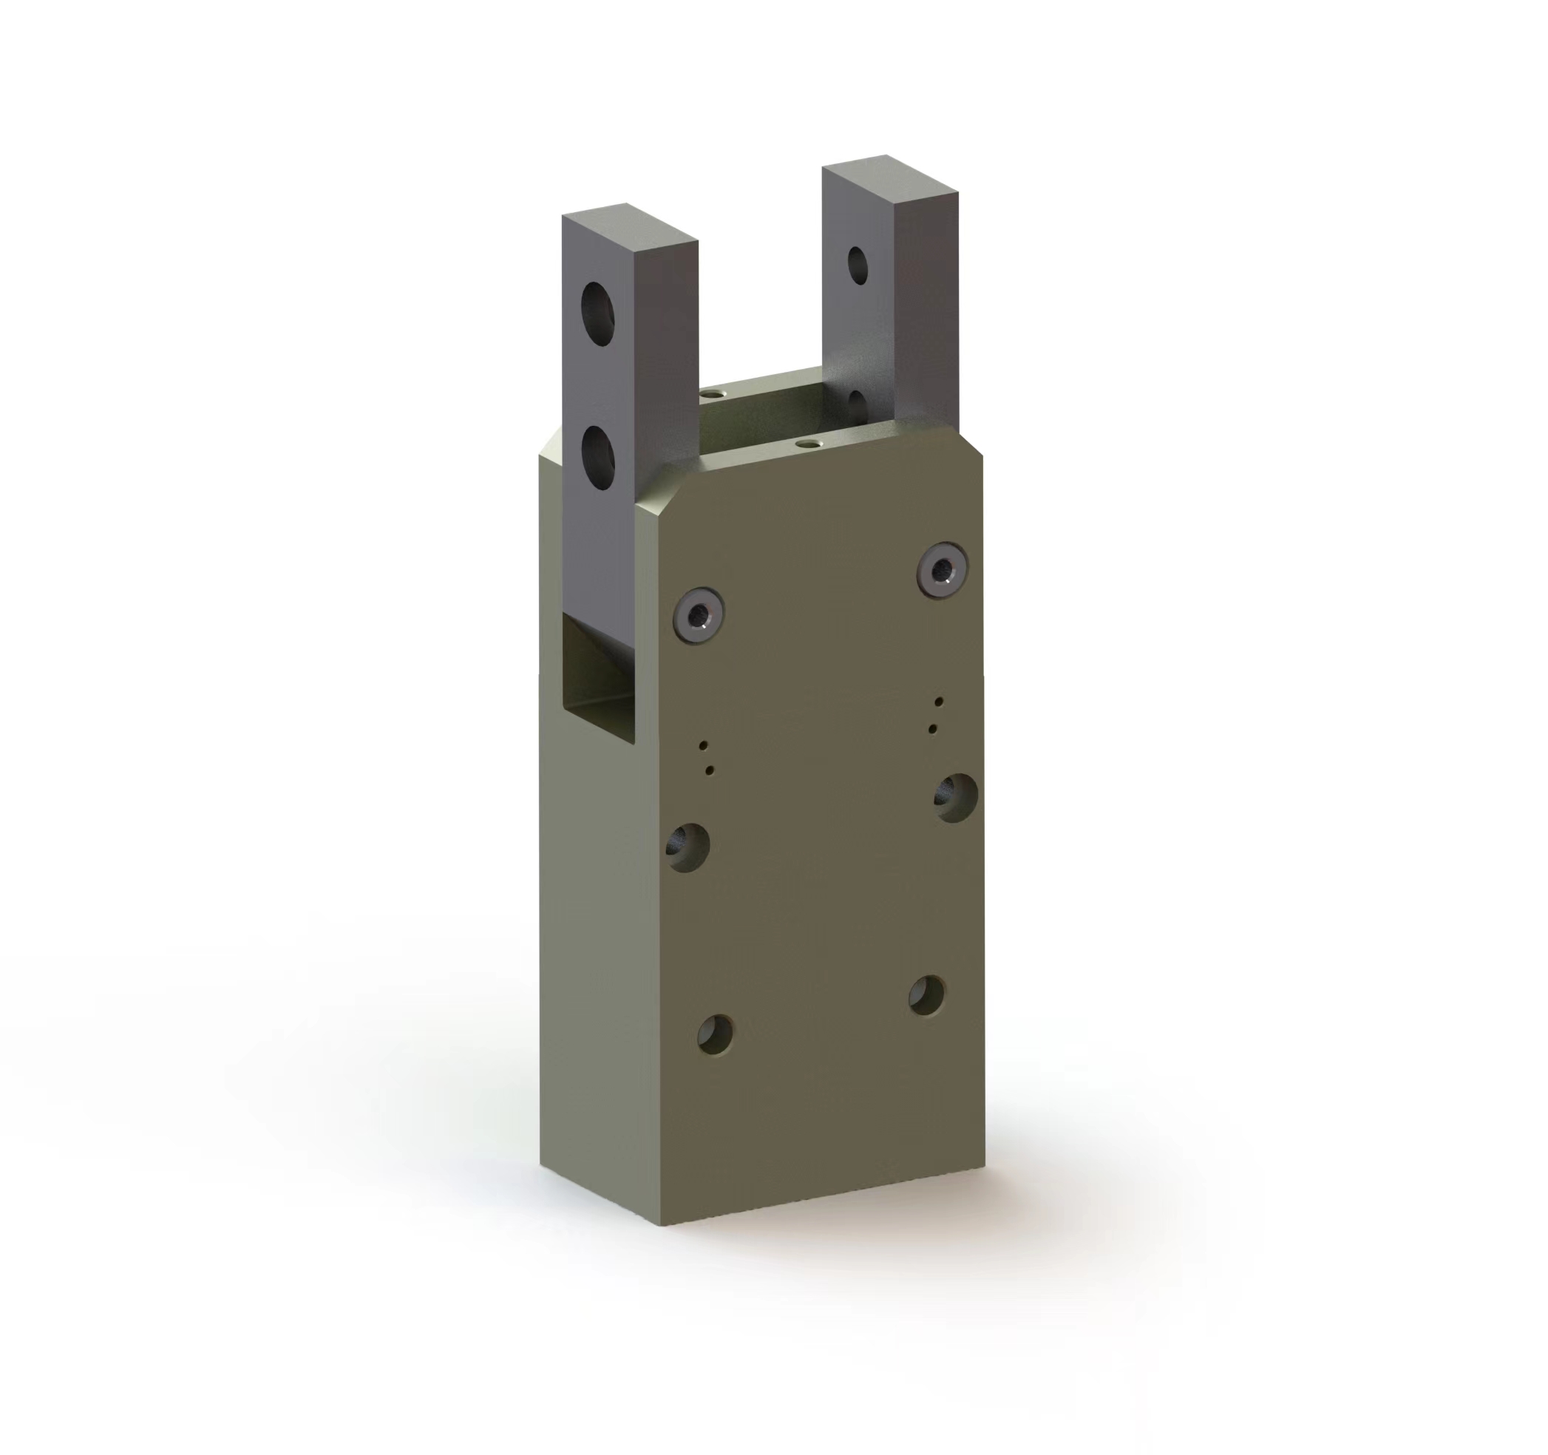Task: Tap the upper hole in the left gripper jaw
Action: point(598,313)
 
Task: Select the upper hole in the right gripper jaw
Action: point(858,265)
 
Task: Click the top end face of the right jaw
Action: point(889,178)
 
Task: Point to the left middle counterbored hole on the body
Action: point(688,846)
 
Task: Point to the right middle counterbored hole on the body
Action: point(955,798)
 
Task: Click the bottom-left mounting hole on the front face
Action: point(716,1034)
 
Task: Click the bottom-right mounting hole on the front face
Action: point(926,994)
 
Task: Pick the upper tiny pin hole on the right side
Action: point(940,701)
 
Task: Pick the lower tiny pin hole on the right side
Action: point(933,729)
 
